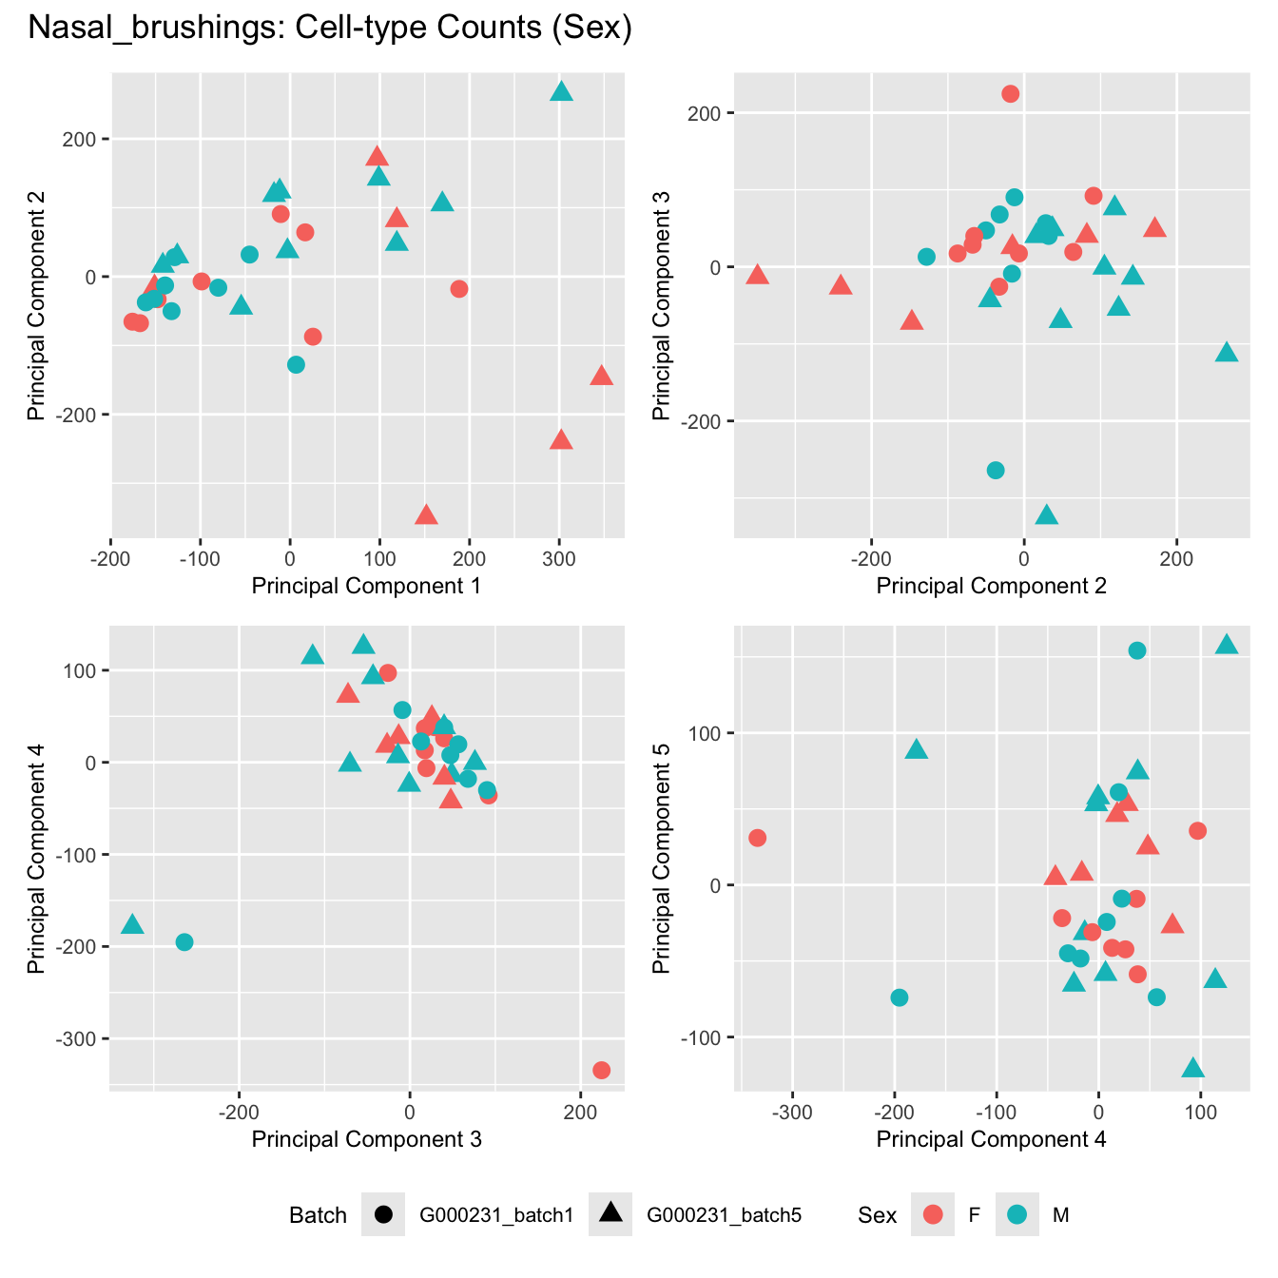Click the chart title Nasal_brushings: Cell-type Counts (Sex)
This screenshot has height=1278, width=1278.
[x=330, y=29]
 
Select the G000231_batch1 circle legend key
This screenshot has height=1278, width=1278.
[x=383, y=1214]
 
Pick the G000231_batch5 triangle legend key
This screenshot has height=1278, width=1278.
[x=610, y=1213]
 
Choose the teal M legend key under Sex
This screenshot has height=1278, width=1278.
[x=1017, y=1214]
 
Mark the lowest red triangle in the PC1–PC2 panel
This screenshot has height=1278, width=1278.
[x=426, y=515]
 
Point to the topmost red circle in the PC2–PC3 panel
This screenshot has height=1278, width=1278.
[x=1010, y=93]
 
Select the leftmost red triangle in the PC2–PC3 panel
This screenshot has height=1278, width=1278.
[x=757, y=276]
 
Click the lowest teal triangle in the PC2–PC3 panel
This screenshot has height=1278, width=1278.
[x=1046, y=515]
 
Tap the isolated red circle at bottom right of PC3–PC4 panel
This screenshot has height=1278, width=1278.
[x=601, y=1070]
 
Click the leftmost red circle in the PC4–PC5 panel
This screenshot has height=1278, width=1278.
[x=757, y=838]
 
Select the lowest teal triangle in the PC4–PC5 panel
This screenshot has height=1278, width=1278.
[x=1192, y=1069]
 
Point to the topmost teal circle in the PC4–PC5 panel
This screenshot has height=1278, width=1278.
[x=1136, y=650]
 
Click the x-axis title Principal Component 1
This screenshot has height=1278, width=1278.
[x=366, y=586]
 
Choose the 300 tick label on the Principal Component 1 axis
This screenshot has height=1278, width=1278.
[x=559, y=559]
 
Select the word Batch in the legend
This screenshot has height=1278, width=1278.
[x=318, y=1215]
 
